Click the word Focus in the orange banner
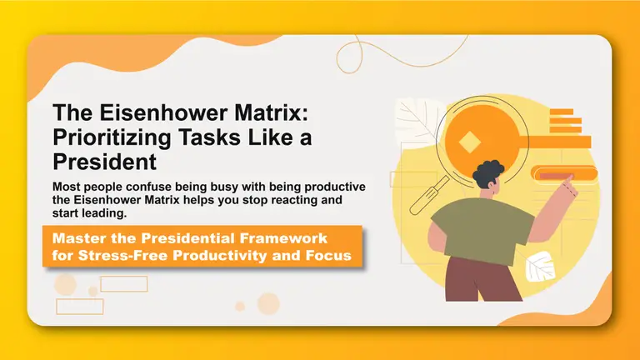pyautogui.click(x=327, y=255)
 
